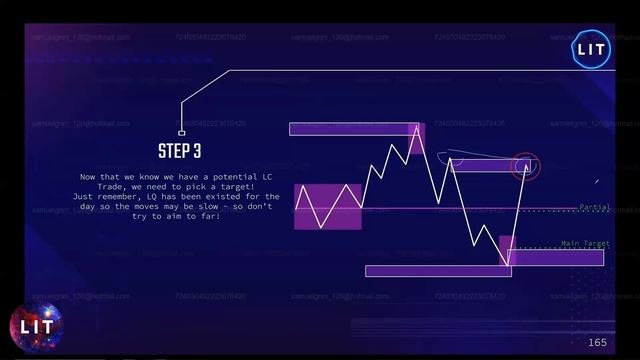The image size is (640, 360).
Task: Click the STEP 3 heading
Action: click(180, 152)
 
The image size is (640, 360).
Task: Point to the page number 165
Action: click(597, 342)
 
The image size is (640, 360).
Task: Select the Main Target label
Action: click(585, 243)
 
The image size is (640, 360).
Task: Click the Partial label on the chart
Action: click(595, 207)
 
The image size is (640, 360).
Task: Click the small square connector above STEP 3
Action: click(181, 132)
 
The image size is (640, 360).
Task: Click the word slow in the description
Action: click(226, 207)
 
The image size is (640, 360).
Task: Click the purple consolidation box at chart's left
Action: click(327, 206)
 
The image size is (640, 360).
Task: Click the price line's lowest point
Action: click(508, 265)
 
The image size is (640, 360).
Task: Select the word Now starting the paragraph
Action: click(87, 177)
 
